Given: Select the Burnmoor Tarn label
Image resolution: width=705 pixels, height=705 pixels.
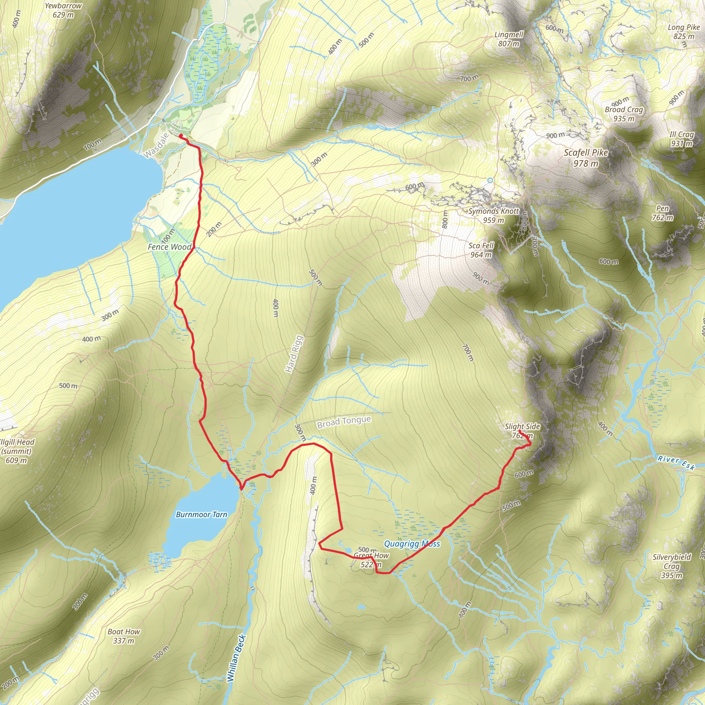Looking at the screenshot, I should click(201, 515).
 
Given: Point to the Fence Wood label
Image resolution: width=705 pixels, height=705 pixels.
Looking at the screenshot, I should click(169, 247).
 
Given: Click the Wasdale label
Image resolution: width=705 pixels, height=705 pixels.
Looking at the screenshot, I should click(156, 146).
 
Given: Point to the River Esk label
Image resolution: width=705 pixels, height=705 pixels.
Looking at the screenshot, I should click(676, 463).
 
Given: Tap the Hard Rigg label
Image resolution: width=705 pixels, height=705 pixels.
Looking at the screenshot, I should click(294, 354).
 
